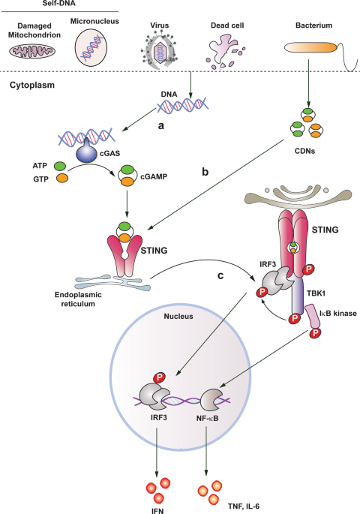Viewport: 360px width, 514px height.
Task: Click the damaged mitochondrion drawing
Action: (32, 51)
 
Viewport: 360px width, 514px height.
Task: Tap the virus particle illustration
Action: (160, 50)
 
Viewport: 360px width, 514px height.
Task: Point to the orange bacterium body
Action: (310, 48)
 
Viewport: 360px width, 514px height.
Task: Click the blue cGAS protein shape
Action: (86, 151)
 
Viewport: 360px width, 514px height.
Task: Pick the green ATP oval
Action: (60, 166)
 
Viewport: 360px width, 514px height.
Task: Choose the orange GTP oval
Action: (62, 178)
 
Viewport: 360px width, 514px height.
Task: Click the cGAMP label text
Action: (154, 176)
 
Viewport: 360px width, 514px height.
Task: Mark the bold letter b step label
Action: (205, 172)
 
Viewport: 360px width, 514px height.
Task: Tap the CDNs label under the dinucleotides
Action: (304, 151)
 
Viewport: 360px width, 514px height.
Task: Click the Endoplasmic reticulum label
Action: (78, 299)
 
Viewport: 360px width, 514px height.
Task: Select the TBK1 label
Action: (316, 293)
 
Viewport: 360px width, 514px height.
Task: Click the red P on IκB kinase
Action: (316, 333)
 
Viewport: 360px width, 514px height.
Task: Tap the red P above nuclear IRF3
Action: (160, 377)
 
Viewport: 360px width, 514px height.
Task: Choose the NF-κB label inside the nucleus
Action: (207, 418)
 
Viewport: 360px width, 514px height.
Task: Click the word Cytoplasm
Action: (32, 86)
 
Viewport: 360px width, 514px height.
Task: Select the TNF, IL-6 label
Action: (244, 506)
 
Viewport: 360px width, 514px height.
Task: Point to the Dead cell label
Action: (227, 26)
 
